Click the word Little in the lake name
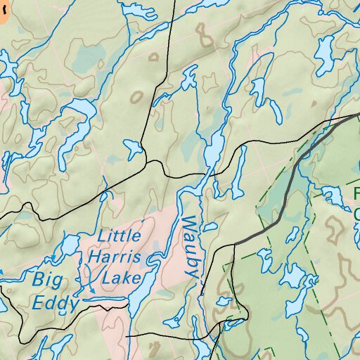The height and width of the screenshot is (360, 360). tap(119, 236)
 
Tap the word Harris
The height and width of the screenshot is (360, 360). tap(113, 257)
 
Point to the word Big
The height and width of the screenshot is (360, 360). tap(47, 278)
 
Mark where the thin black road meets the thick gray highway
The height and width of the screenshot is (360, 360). tap(234, 243)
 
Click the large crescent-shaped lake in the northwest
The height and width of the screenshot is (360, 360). tap(77, 112)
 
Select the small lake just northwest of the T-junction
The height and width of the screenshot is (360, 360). tap(132, 147)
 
